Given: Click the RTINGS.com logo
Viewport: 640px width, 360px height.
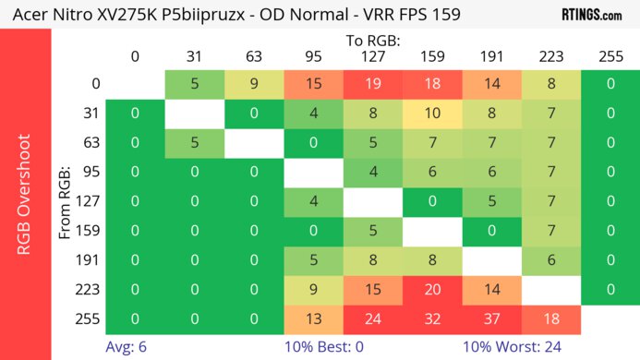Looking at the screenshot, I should [591, 14].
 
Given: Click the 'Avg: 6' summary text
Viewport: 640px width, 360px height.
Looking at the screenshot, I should [127, 348].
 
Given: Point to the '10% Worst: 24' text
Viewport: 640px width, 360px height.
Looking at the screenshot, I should [513, 348].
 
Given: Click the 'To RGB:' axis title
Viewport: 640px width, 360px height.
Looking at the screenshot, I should [372, 41].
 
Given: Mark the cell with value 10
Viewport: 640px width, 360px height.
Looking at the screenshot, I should [431, 114].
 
